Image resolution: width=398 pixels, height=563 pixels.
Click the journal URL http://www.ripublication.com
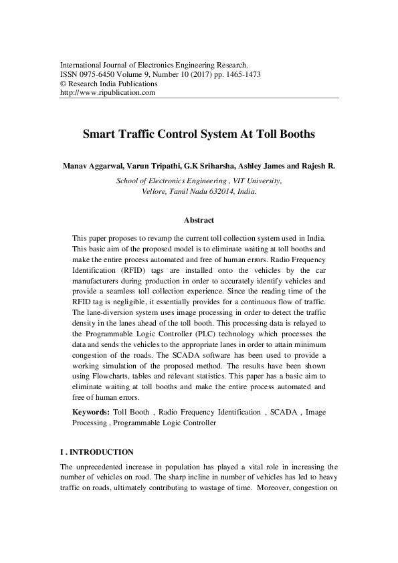[108, 93]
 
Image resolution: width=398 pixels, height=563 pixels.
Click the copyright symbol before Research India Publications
[64, 84]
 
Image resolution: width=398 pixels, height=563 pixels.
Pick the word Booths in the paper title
[293, 134]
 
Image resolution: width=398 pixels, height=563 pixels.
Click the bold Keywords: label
[91, 413]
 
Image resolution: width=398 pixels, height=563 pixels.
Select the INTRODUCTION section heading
[102, 452]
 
